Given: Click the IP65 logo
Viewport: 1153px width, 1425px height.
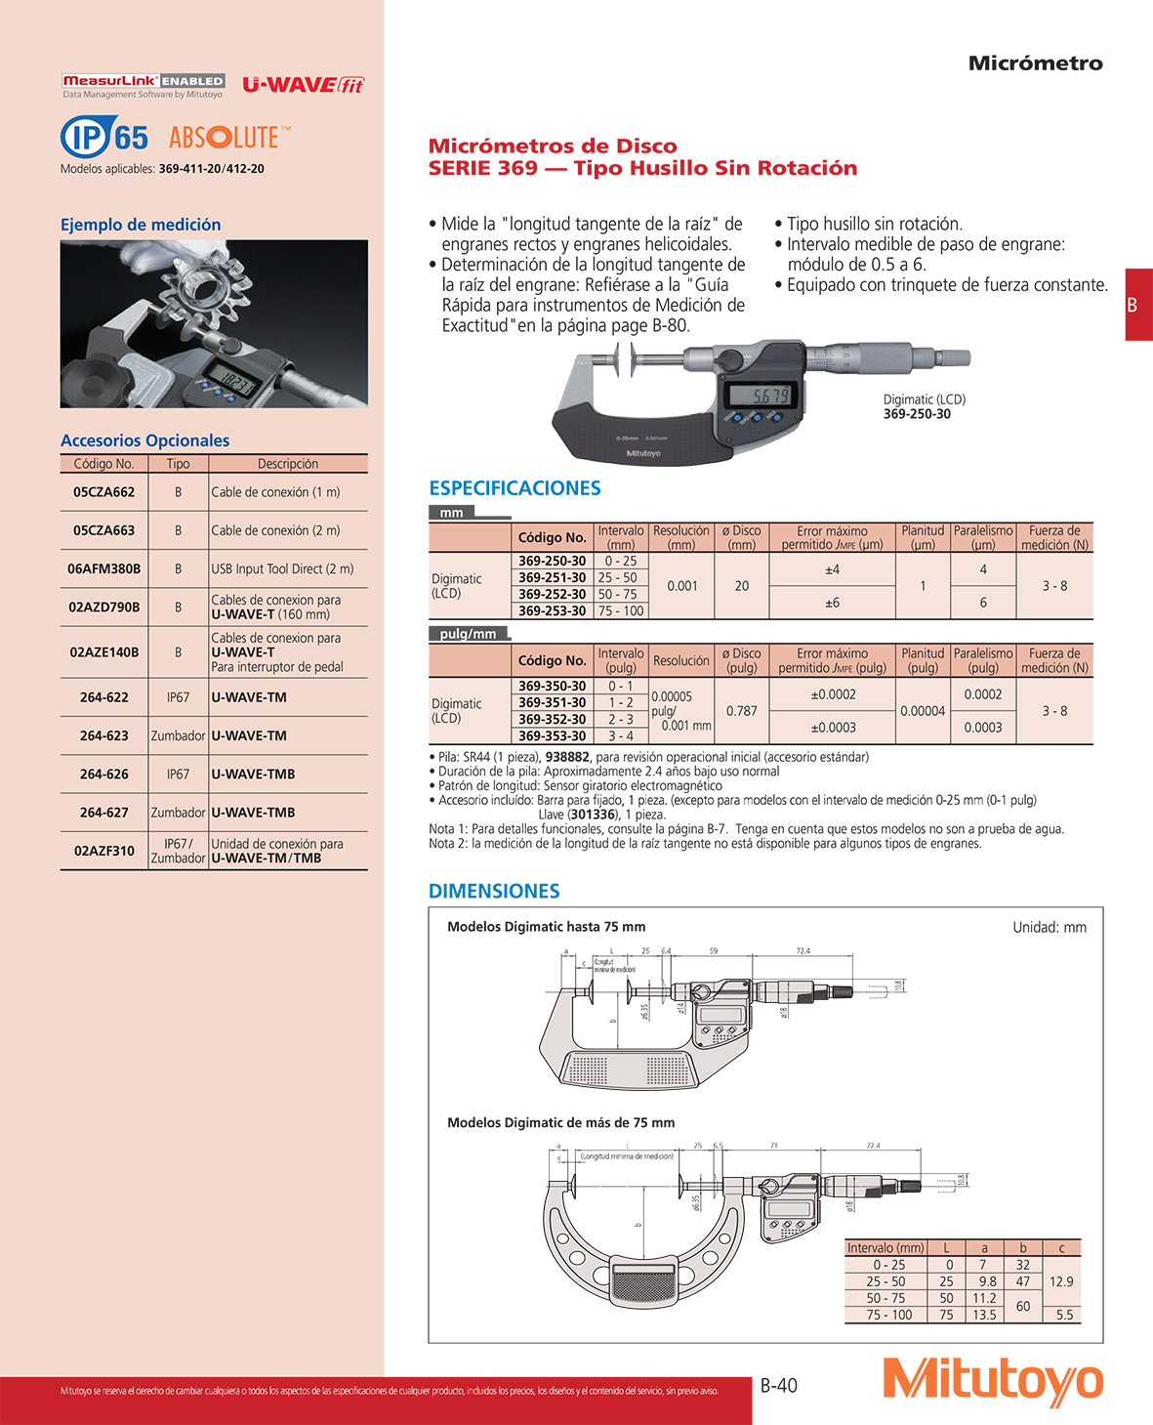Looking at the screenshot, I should coord(104,137).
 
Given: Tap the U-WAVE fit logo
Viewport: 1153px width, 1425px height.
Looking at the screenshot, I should coord(303,85).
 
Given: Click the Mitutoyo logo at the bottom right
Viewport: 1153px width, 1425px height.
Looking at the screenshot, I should coord(993,1381).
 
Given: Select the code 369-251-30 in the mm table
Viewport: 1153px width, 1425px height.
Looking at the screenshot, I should coord(552,577).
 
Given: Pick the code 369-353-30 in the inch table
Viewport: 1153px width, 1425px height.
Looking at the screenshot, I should coord(552,735).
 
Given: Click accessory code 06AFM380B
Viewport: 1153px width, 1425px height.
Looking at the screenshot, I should coord(103,568).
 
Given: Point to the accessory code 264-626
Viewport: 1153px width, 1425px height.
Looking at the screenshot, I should coord(103,774).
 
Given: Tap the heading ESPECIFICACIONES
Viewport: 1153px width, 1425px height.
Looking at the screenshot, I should coord(515,488).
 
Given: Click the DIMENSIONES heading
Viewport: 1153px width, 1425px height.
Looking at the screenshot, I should coord(494,891).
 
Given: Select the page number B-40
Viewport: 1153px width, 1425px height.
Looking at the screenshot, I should coord(778,1385).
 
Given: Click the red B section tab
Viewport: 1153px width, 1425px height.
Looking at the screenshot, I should coord(1137,305).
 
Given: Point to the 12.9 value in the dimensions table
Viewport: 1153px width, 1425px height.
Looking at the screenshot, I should coord(1060,1281).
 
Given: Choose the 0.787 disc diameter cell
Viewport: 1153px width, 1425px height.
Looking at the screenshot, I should coord(741,711).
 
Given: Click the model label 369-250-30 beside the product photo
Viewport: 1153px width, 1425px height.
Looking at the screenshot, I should coord(917,414).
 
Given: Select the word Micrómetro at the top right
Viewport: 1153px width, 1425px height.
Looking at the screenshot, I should coord(1035,63).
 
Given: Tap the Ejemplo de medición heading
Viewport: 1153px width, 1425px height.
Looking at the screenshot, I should coord(141,225).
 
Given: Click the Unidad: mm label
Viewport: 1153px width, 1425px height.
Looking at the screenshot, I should coord(1049,927).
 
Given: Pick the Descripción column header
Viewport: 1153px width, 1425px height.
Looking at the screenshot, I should coord(287,464).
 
